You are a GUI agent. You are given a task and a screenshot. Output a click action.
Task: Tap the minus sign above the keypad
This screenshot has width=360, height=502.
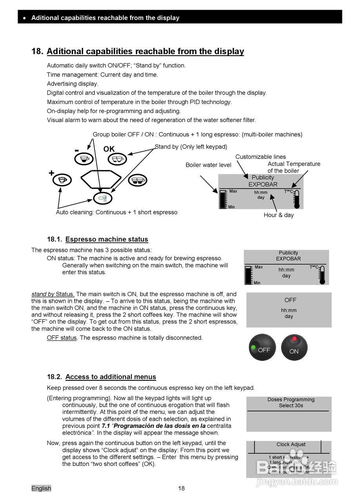(x=76, y=151)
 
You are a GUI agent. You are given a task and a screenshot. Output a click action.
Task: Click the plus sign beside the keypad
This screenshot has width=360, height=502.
(x=51, y=173)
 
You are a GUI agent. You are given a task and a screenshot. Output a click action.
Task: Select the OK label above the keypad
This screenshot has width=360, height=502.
(x=109, y=149)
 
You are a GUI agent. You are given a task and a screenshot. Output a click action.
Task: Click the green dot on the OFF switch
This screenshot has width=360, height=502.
(x=253, y=347)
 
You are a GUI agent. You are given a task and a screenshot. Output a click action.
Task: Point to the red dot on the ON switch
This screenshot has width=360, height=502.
(x=294, y=339)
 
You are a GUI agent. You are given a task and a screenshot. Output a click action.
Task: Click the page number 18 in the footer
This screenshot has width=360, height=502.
(x=181, y=488)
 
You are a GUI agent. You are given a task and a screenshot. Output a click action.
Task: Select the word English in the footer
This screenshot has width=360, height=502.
(x=41, y=488)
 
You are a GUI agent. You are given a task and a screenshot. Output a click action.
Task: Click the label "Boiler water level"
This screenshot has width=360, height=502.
(x=208, y=165)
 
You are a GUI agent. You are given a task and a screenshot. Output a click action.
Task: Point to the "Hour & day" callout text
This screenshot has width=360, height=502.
(x=278, y=215)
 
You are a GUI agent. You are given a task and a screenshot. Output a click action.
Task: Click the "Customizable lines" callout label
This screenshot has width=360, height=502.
(x=260, y=157)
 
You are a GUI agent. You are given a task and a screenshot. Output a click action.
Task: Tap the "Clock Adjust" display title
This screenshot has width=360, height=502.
(x=291, y=444)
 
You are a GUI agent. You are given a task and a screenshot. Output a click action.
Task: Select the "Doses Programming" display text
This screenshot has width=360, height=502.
(x=291, y=400)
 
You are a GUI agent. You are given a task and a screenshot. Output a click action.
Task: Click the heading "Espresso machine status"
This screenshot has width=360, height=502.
(x=107, y=239)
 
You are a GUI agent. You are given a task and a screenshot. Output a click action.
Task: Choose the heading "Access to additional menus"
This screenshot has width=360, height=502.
(x=111, y=377)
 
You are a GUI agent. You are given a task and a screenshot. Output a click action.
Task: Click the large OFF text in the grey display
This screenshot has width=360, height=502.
(x=290, y=300)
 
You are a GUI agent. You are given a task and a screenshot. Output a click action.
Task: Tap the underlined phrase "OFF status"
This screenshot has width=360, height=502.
(x=62, y=338)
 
